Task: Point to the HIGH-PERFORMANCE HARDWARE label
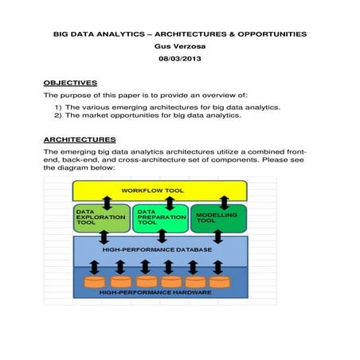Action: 156,293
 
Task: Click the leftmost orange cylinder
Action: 95,281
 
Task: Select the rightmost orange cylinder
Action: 219,281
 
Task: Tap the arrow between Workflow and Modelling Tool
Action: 225,202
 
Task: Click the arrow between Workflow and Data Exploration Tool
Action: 106,202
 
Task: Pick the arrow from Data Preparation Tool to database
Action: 162,237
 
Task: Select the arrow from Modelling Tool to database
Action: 217,237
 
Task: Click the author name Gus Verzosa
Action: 180,47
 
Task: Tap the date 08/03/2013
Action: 180,61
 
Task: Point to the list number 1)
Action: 58,107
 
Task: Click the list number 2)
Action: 58,115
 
